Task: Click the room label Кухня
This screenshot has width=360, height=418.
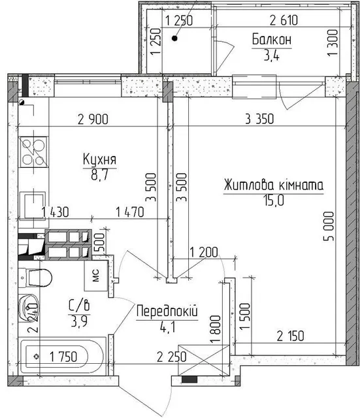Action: point(99,159)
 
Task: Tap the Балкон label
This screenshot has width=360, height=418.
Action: point(272,40)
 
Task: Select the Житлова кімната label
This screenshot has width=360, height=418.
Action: point(274,185)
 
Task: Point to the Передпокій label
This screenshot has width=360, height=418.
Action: point(167,311)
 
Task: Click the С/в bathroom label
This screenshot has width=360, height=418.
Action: point(79,305)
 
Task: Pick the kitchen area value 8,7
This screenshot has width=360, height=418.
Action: point(99,175)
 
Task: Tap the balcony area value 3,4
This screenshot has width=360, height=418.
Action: point(271,56)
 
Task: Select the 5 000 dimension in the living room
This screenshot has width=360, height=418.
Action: point(329,226)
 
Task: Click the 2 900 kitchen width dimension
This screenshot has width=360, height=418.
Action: point(93,119)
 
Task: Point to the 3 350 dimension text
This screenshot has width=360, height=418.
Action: point(259,119)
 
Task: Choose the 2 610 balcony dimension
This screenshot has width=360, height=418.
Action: point(284,20)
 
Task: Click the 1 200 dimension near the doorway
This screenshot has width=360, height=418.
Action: point(204,252)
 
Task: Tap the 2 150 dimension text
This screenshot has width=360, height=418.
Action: point(290,336)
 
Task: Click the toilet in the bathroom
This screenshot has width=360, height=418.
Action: point(35,278)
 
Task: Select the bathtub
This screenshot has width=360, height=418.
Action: point(62,357)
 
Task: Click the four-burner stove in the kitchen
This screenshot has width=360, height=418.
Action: point(34,152)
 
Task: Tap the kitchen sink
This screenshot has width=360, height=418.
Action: point(33,206)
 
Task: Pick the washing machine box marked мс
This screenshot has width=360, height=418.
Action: point(96,276)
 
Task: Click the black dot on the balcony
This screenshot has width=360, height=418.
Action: point(174,39)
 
